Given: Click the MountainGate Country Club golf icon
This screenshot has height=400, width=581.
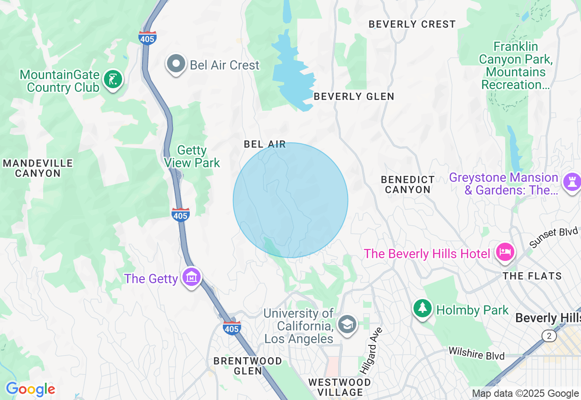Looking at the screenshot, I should [x=113, y=80].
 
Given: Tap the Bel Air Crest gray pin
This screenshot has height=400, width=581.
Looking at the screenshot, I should [x=176, y=64].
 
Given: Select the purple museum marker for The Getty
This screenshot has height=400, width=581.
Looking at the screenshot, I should [x=192, y=277].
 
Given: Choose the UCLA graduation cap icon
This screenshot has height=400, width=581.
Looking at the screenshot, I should [x=347, y=324].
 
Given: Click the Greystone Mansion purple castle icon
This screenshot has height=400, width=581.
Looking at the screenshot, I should [x=571, y=182].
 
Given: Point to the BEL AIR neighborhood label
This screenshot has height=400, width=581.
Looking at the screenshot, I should [x=265, y=145].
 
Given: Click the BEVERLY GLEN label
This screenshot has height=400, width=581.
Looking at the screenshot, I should [x=354, y=96].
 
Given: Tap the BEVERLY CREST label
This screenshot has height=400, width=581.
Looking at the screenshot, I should [x=412, y=25].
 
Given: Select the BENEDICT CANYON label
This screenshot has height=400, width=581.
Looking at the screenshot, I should [x=408, y=185].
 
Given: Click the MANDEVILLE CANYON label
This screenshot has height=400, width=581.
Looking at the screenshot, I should [x=38, y=168].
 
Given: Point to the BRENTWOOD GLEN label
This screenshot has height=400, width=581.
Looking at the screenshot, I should [x=248, y=366].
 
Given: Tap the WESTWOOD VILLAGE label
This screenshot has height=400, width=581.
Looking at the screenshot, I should [x=340, y=387].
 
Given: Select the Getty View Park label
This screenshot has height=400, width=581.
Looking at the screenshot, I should [x=192, y=156].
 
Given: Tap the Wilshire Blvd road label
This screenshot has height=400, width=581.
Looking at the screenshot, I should [x=476, y=353].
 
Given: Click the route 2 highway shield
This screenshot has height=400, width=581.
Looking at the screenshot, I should [x=549, y=336].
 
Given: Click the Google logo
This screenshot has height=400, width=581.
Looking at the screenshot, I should [x=30, y=390].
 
